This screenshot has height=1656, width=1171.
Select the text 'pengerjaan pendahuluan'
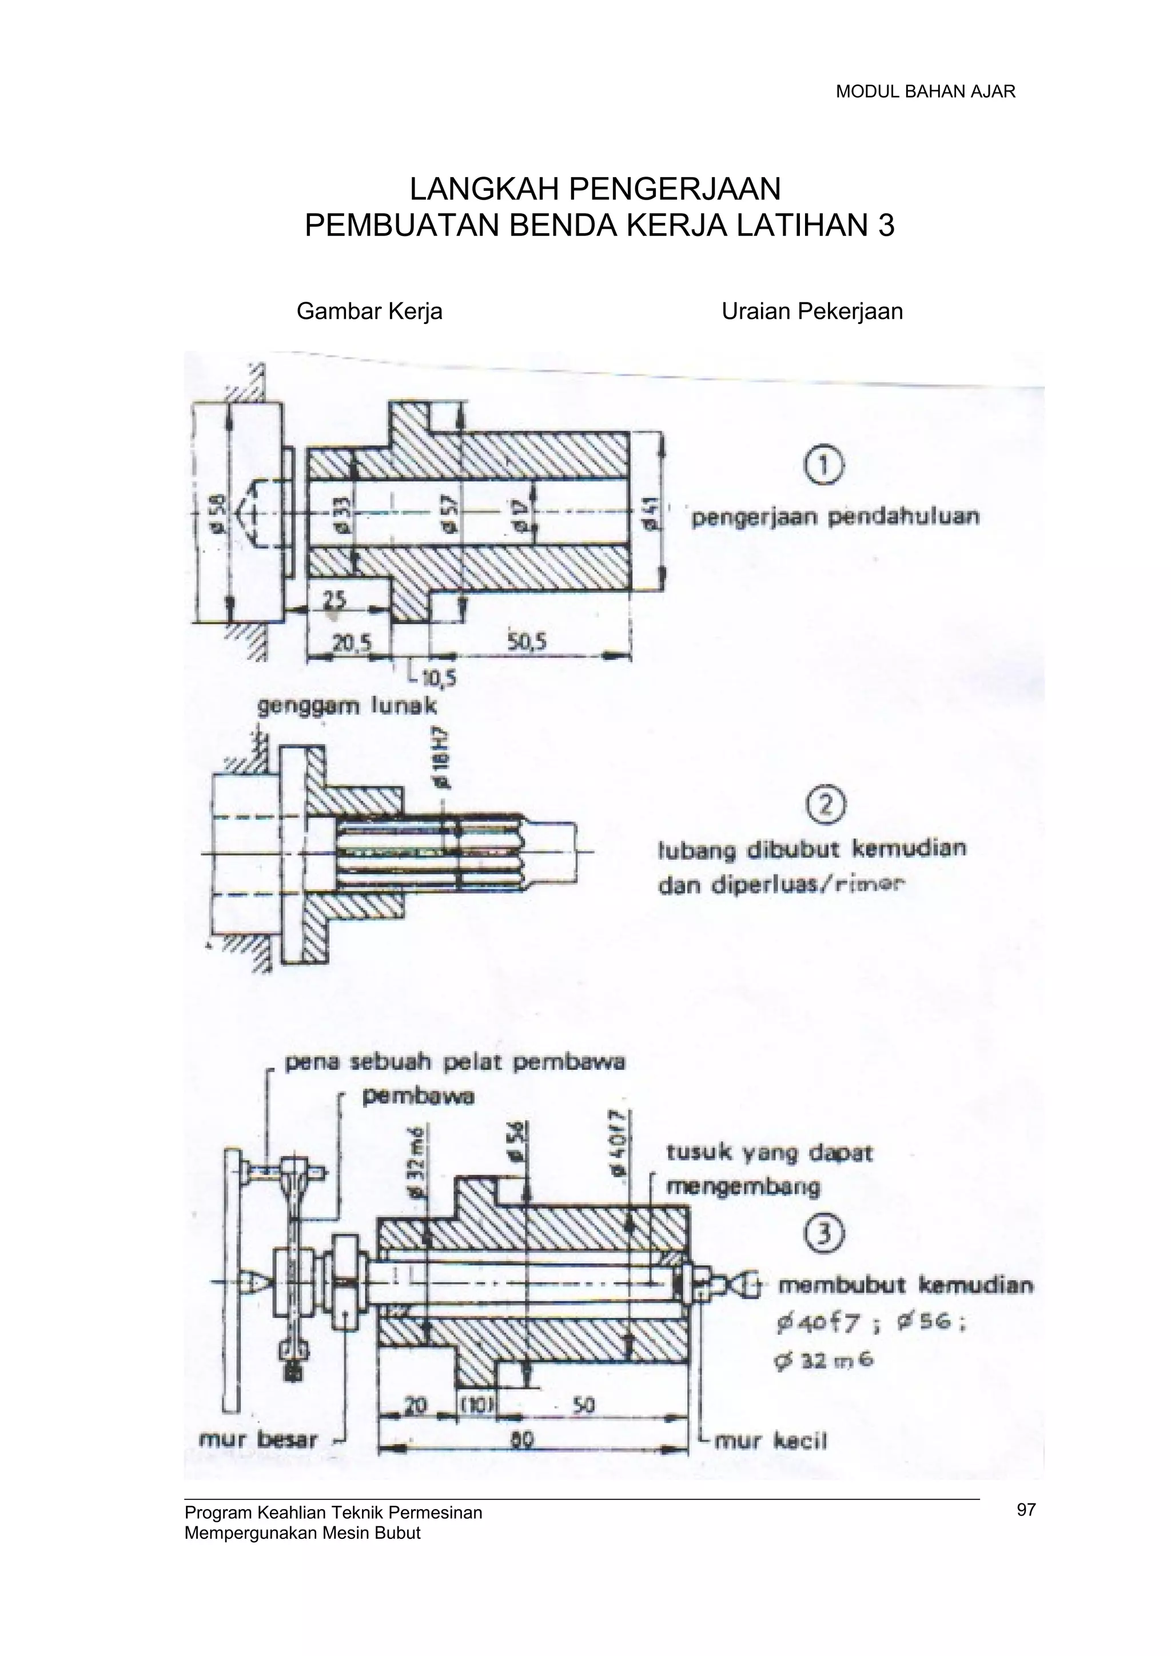point(835,517)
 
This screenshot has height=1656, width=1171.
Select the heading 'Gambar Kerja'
point(369,311)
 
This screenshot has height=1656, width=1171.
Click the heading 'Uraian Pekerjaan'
point(812,311)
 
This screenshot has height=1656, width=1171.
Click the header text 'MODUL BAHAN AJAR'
point(925,91)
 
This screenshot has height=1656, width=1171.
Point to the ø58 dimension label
point(218,509)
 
